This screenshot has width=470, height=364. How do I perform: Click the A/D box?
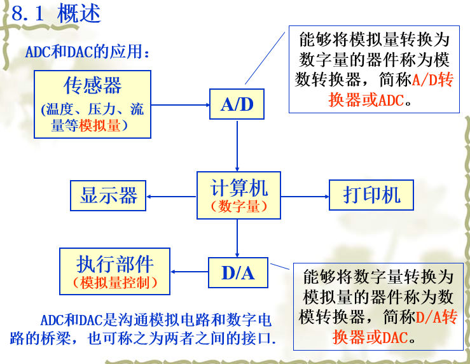point(237,104)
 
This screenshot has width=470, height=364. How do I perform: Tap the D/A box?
point(238,272)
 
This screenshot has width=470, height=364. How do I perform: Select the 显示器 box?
point(108,195)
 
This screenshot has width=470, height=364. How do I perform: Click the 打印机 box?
point(371,195)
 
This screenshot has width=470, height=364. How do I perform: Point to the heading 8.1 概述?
point(56,13)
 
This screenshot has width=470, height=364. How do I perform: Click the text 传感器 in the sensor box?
point(93,85)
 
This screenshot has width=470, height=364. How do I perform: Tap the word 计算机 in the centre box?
point(239,188)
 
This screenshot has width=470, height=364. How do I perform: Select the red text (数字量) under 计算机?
point(239,207)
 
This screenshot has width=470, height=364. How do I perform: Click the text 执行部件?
point(115,264)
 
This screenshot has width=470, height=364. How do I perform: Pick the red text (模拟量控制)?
point(115,283)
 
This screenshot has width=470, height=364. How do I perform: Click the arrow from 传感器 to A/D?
point(180,105)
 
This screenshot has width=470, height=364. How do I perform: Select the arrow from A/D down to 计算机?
point(237,146)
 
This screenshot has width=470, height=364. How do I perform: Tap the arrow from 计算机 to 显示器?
point(171,197)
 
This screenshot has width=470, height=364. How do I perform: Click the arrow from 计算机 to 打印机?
point(305,197)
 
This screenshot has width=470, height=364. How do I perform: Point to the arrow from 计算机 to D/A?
point(237,238)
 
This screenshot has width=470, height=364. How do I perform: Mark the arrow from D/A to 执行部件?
point(190,272)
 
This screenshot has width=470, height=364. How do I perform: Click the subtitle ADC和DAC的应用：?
point(88,52)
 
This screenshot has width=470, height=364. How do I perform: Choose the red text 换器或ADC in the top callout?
point(366,100)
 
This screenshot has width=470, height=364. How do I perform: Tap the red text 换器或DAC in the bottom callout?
point(370,337)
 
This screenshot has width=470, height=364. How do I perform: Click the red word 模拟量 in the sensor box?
point(99,125)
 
